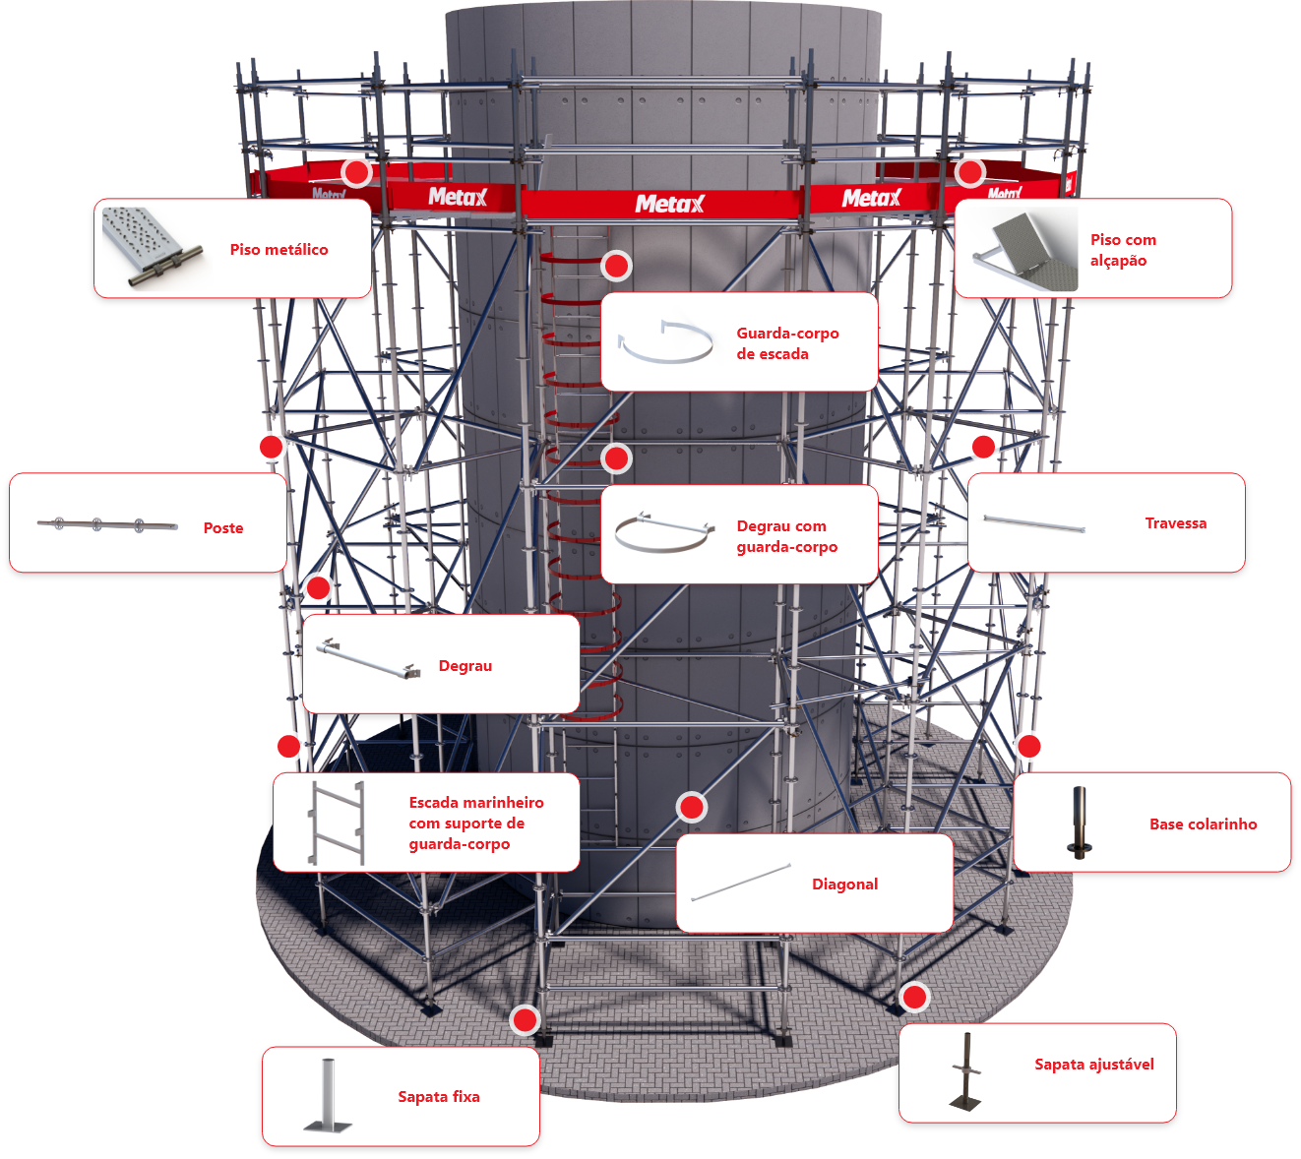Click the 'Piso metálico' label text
279,250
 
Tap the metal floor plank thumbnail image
151,248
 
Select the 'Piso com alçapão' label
1122,250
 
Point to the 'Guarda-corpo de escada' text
787,343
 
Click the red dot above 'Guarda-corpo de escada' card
616,266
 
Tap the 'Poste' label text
223,528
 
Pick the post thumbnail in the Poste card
107,524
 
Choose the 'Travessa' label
1175,523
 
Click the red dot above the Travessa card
983,447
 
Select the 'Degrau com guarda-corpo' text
786,536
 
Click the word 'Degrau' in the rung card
465,666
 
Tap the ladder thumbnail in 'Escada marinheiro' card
337,823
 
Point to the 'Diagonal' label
844,884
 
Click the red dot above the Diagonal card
692,808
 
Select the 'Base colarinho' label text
1203,824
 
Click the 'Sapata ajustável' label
1093,1065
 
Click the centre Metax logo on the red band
669,204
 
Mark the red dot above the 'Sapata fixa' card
526,1020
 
